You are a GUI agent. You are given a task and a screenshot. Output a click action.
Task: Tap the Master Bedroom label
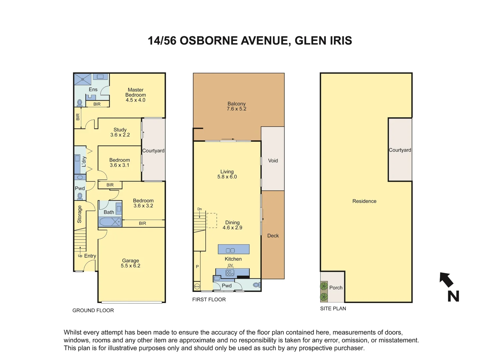tap(135, 95)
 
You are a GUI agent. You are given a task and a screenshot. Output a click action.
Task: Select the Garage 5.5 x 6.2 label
tap(130, 263)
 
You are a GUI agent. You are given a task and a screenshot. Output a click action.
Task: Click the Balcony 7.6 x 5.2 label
tap(236, 106)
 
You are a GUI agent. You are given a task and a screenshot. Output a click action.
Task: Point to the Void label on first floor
tap(273, 161)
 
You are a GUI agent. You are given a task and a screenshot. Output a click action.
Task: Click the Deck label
tap(273, 236)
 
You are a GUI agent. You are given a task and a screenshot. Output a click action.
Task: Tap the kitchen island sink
tap(230, 250)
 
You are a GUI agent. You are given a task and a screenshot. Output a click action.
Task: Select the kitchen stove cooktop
tap(230, 273)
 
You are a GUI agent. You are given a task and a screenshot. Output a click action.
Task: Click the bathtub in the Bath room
tap(110, 222)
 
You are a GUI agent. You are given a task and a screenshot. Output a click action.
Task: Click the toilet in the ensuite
tap(80, 102)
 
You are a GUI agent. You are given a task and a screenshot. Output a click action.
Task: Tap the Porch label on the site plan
tap(336, 288)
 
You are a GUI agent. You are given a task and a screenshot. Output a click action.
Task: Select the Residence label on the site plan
tap(364, 201)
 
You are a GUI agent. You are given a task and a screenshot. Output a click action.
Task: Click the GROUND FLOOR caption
tap(93, 310)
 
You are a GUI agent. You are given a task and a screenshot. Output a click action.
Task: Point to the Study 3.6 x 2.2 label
tap(120, 132)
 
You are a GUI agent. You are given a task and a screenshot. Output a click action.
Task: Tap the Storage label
tap(79, 214)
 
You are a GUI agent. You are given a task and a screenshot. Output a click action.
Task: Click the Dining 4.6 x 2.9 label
tap(232, 225)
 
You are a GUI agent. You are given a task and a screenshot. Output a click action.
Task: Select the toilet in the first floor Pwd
tap(256, 285)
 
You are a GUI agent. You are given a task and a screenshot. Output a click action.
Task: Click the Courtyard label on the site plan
tap(400, 150)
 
